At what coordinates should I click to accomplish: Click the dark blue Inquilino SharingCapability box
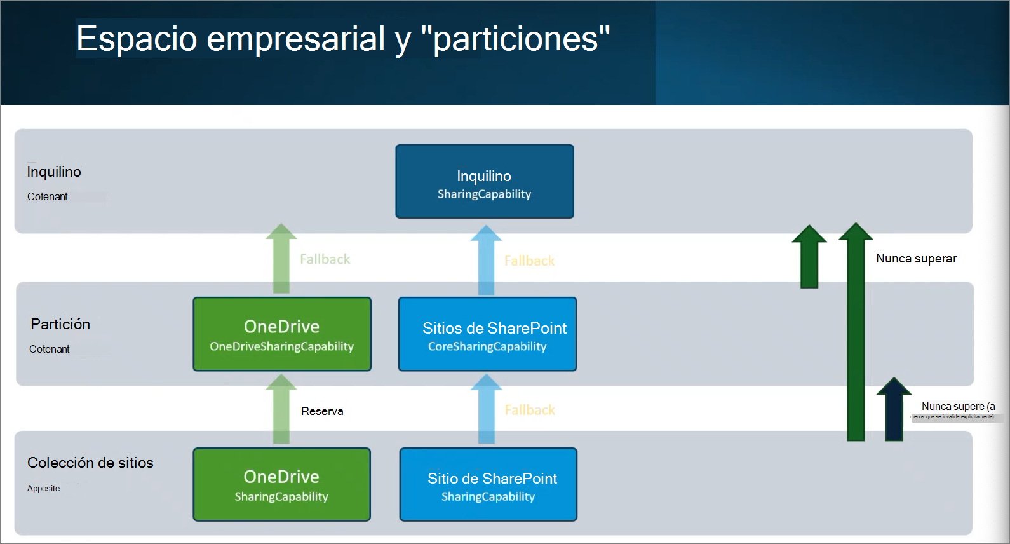[x=484, y=182]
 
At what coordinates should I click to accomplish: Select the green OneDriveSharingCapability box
[x=282, y=334]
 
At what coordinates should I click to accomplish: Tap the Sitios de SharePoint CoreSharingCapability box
[x=487, y=334]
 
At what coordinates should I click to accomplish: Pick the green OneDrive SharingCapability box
[x=281, y=485]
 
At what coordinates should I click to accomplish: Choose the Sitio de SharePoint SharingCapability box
[x=488, y=485]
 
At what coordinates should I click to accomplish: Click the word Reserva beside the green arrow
[x=322, y=411]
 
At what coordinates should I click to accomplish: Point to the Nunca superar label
[x=916, y=258]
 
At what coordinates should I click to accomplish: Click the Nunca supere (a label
[x=958, y=406]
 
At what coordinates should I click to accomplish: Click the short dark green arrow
[x=809, y=258]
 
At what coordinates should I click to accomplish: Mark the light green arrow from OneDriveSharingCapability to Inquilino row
[x=281, y=259]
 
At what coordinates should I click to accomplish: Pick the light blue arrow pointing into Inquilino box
[x=486, y=261]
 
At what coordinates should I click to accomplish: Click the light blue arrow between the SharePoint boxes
[x=487, y=410]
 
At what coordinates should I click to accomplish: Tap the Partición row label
[x=60, y=324]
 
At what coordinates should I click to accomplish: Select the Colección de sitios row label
[x=90, y=463]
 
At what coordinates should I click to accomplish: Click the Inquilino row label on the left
[x=54, y=172]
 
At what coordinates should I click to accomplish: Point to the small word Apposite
[x=43, y=488]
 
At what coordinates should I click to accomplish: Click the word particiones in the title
[x=515, y=39]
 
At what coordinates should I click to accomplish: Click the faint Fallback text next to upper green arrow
[x=325, y=259]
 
